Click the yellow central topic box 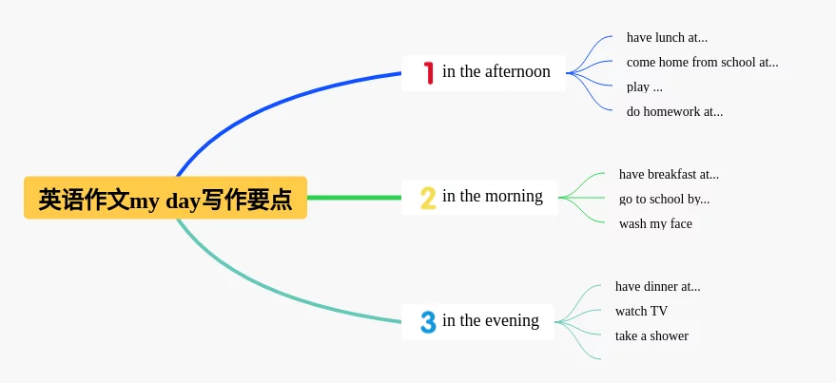pos(165,198)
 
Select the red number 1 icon pos(428,73)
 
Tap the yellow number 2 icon pos(428,199)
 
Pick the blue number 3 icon pos(428,322)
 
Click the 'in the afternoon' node pos(483,73)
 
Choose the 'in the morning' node pos(479,198)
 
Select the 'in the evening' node pos(477,322)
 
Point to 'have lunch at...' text pos(667,37)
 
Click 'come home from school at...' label pos(702,63)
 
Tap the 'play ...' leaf pos(645,86)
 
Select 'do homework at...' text pos(674,112)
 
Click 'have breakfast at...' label pos(669,174)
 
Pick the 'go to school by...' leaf pos(664,200)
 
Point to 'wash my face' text pos(655,223)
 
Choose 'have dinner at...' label pos(658,287)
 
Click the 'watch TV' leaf pos(641,311)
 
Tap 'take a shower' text pos(651,336)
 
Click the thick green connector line pos(355,198)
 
